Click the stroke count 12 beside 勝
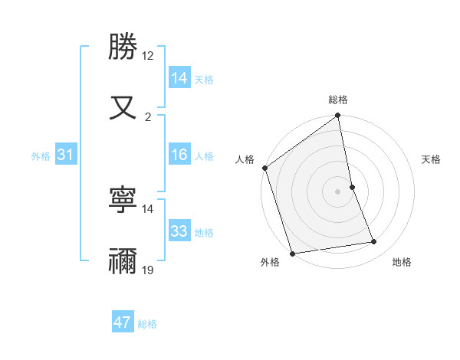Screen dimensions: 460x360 point(148,56)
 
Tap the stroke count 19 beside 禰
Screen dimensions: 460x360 point(148,270)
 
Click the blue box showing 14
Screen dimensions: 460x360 point(179,77)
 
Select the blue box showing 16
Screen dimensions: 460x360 point(179,155)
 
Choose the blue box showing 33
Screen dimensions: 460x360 point(179,231)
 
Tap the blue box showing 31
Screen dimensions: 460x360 point(66,155)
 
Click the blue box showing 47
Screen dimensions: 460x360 point(123,322)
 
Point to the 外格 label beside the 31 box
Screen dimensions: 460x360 point(41,156)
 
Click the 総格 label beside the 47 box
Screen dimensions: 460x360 point(147,324)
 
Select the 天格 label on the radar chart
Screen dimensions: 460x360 point(431,159)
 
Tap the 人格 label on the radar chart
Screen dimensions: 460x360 point(245,159)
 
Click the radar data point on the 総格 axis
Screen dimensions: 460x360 point(338,116)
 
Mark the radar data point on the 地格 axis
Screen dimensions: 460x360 point(374,242)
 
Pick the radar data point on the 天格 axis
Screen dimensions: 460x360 point(352,187)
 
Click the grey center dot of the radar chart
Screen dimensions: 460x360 point(338,191)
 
